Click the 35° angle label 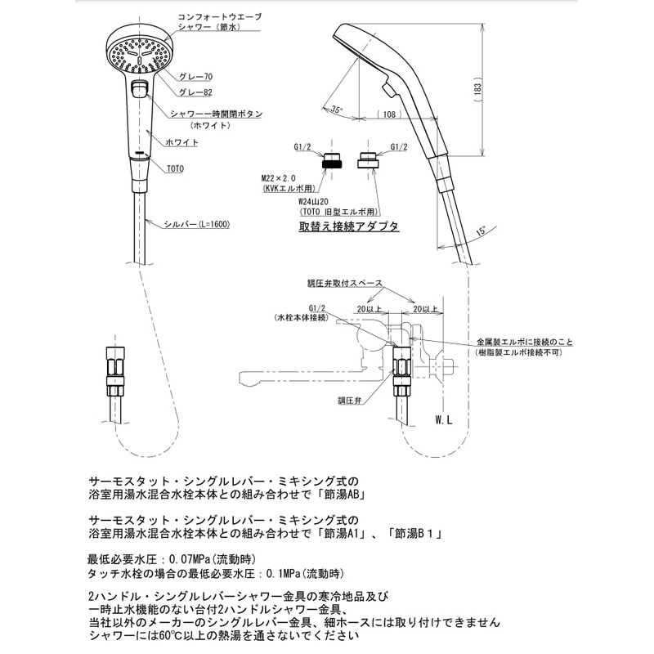tap(336, 110)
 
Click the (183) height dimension tap(477, 89)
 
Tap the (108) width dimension tap(389, 114)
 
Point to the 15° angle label tap(481, 231)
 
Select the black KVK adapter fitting tap(332, 159)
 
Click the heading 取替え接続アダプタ tap(349, 226)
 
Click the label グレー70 tap(195, 77)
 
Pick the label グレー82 tap(195, 92)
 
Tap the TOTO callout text tap(175, 169)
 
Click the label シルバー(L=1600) tap(196, 224)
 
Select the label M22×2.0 tap(279, 178)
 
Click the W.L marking tap(444, 420)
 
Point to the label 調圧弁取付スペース tap(344, 283)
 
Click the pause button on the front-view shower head tap(139, 89)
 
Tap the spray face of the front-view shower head tap(139, 55)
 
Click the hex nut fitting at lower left tap(114, 371)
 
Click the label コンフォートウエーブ tap(219, 17)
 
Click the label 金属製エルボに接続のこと tap(525, 343)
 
